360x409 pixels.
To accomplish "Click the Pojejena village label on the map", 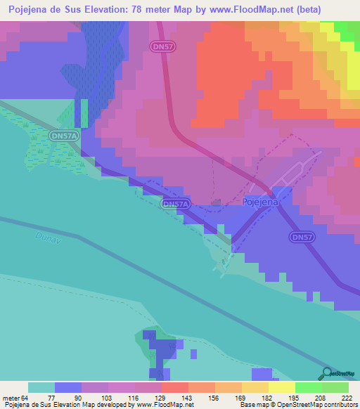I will click(261, 202).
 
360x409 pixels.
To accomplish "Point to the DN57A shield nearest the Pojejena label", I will click(175, 204).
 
